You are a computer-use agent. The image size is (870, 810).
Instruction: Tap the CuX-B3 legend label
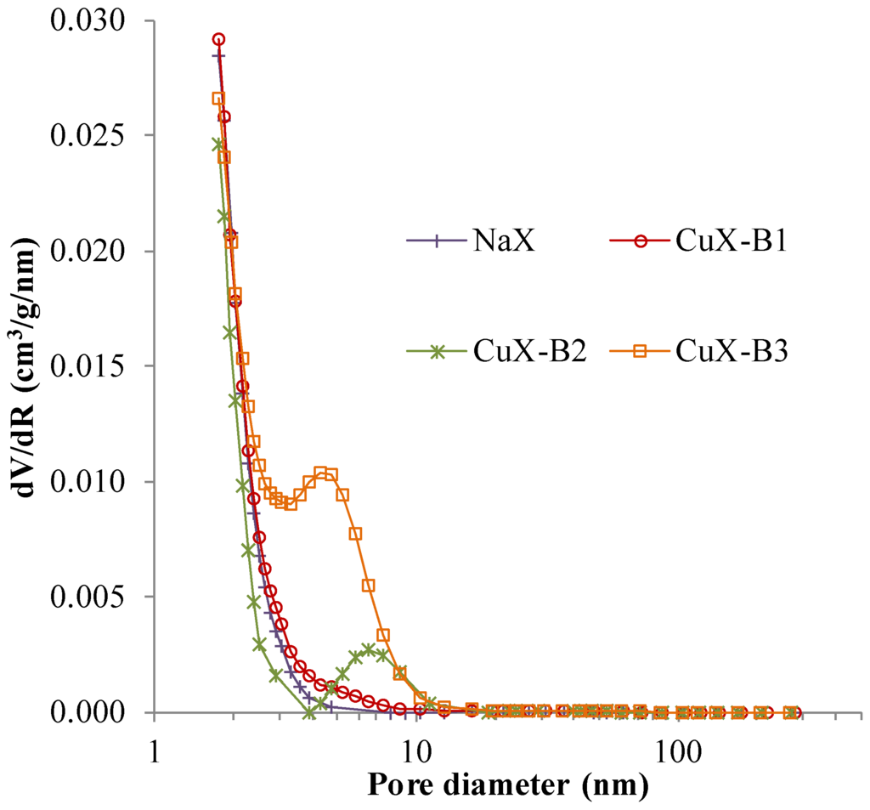click(x=733, y=351)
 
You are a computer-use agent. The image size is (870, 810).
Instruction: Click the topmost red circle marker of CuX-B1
click(x=218, y=39)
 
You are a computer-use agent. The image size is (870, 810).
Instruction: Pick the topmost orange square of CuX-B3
click(x=217, y=99)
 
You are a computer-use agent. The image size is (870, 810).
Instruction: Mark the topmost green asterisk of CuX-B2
click(x=217, y=144)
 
